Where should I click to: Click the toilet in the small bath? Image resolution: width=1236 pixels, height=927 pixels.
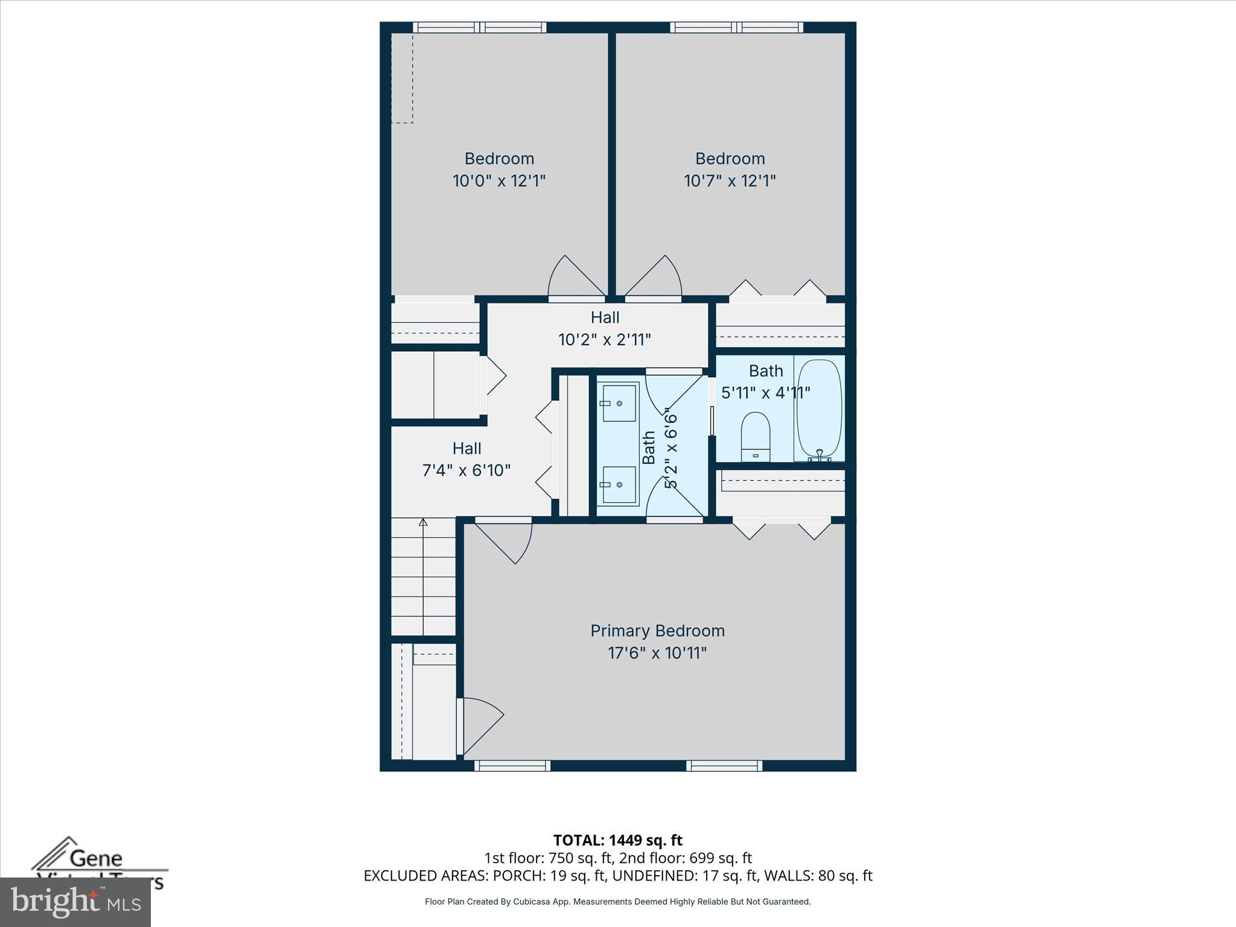(x=755, y=436)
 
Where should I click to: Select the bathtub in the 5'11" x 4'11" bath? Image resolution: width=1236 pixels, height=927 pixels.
(x=818, y=408)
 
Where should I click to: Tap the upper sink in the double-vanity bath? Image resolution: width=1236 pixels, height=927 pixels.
(x=619, y=403)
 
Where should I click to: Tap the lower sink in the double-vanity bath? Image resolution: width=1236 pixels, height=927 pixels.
(x=619, y=485)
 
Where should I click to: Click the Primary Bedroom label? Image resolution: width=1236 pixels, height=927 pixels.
(x=657, y=631)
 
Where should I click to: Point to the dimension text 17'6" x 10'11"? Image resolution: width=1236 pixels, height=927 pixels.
(x=657, y=653)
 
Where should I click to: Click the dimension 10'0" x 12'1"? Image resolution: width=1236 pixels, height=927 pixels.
(x=499, y=180)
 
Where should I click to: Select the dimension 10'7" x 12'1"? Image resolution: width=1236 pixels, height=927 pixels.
(x=730, y=180)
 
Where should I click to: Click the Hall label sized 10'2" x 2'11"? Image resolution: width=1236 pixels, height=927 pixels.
(x=605, y=317)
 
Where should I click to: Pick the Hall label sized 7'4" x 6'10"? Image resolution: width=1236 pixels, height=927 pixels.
(x=467, y=448)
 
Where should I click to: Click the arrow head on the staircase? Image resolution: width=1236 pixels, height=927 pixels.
(x=423, y=522)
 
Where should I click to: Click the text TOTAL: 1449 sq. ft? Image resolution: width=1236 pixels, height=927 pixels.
(x=617, y=840)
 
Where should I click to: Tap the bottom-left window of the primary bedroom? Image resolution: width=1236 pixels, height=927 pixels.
(x=512, y=765)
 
